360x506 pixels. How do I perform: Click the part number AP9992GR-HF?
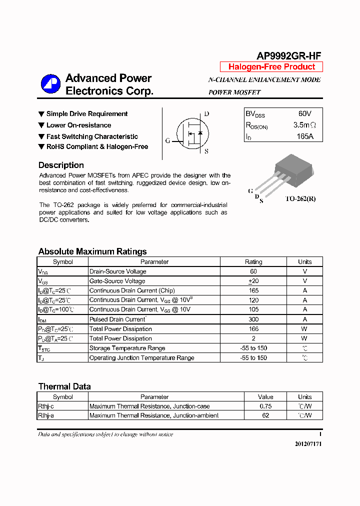(x=288, y=56)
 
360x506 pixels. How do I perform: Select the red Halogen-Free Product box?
(x=271, y=67)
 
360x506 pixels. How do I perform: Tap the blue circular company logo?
(x=50, y=84)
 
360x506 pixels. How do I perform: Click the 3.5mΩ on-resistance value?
(x=304, y=125)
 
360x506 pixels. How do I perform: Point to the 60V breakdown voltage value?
(x=304, y=114)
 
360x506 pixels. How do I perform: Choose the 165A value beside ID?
(x=304, y=136)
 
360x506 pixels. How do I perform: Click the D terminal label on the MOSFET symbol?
(x=206, y=114)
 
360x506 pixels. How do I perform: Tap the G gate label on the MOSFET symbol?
(x=168, y=140)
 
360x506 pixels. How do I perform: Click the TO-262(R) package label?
(x=300, y=198)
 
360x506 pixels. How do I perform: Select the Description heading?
(x=61, y=165)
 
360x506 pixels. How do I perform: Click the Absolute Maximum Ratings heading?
(x=92, y=251)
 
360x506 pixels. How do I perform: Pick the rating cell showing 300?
(x=253, y=319)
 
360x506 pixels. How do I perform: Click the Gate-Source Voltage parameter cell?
(x=117, y=281)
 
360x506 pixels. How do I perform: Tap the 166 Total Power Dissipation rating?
(x=253, y=329)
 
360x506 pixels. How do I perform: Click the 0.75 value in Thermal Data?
(x=265, y=406)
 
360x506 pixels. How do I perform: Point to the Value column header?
(x=265, y=397)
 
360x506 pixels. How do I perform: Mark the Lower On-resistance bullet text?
(x=78, y=125)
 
